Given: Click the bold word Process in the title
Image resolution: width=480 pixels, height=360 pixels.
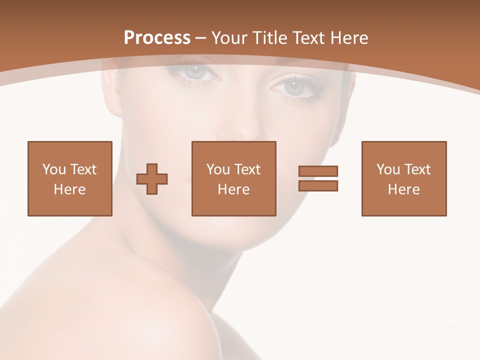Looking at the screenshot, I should point(157,38).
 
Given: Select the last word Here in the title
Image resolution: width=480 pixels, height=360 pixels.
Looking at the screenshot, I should point(350,38).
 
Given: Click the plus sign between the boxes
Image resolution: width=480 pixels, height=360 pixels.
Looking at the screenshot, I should point(152,179).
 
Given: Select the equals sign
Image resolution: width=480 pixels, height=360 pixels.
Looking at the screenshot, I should point(318,178).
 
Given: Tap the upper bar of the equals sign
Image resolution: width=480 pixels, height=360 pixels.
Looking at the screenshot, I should point(318,171).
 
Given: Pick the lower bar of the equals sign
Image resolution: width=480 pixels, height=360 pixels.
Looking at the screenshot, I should point(318,186).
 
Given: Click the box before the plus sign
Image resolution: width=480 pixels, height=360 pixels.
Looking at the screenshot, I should point(70,179).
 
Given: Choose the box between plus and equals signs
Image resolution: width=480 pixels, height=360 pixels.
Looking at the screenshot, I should point(233,179).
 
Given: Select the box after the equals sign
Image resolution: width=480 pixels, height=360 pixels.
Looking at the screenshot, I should point(403,179).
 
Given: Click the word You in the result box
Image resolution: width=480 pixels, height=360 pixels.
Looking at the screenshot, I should point(388,169).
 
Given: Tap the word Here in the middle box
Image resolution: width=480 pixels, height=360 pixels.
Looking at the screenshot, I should point(233,189).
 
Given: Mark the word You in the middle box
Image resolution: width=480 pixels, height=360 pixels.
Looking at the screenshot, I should point(218,169).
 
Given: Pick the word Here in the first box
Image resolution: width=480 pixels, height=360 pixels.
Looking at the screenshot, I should point(70,189).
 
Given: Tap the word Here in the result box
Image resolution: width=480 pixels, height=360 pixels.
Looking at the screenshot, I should point(403,189).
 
